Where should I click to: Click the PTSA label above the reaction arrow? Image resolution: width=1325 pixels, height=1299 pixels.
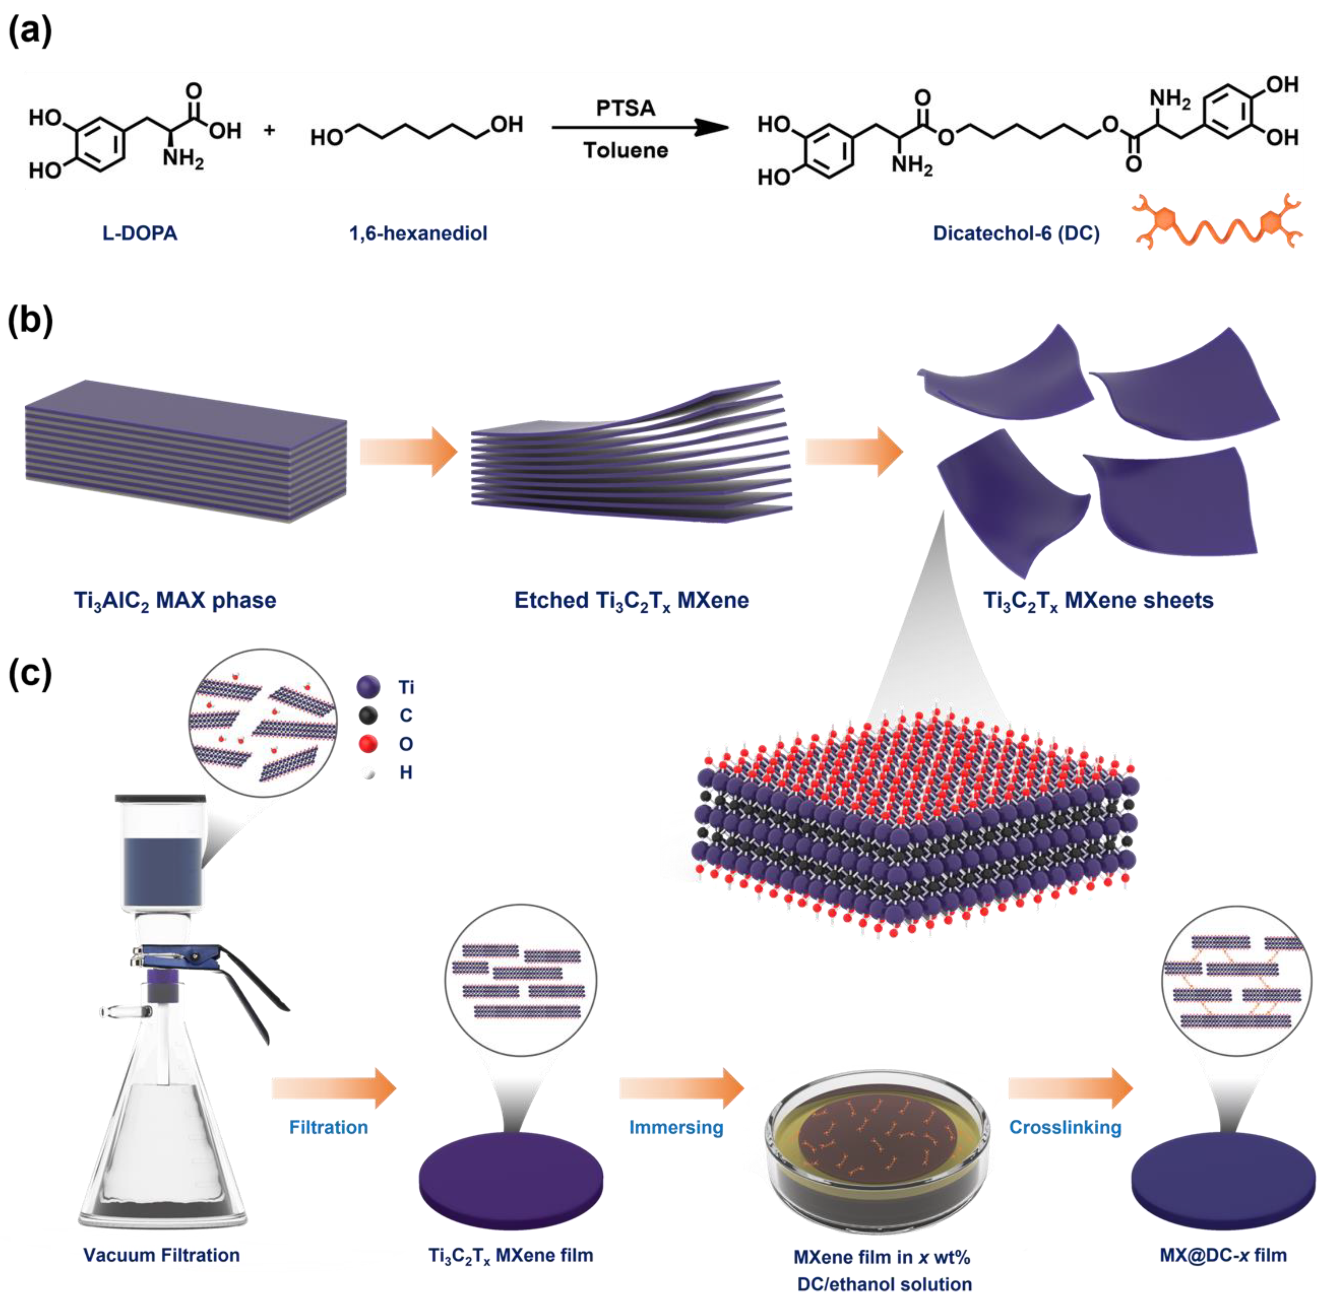point(625,108)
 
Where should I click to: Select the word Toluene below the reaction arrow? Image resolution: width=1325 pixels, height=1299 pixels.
point(625,150)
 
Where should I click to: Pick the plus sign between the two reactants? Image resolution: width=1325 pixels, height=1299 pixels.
point(269,129)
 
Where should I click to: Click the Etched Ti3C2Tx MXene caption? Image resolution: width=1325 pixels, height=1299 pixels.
point(631,600)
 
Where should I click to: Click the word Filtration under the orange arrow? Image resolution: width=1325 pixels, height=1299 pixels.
point(328,1127)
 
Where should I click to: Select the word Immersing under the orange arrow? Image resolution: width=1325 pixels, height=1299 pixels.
point(675,1127)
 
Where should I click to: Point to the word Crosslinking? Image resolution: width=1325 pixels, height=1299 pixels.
point(1065,1127)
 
